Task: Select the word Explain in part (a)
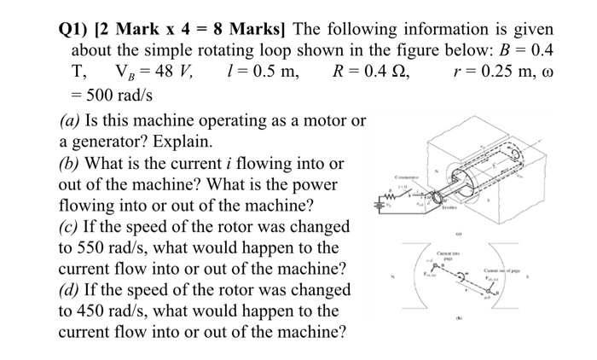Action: click(x=183, y=142)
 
